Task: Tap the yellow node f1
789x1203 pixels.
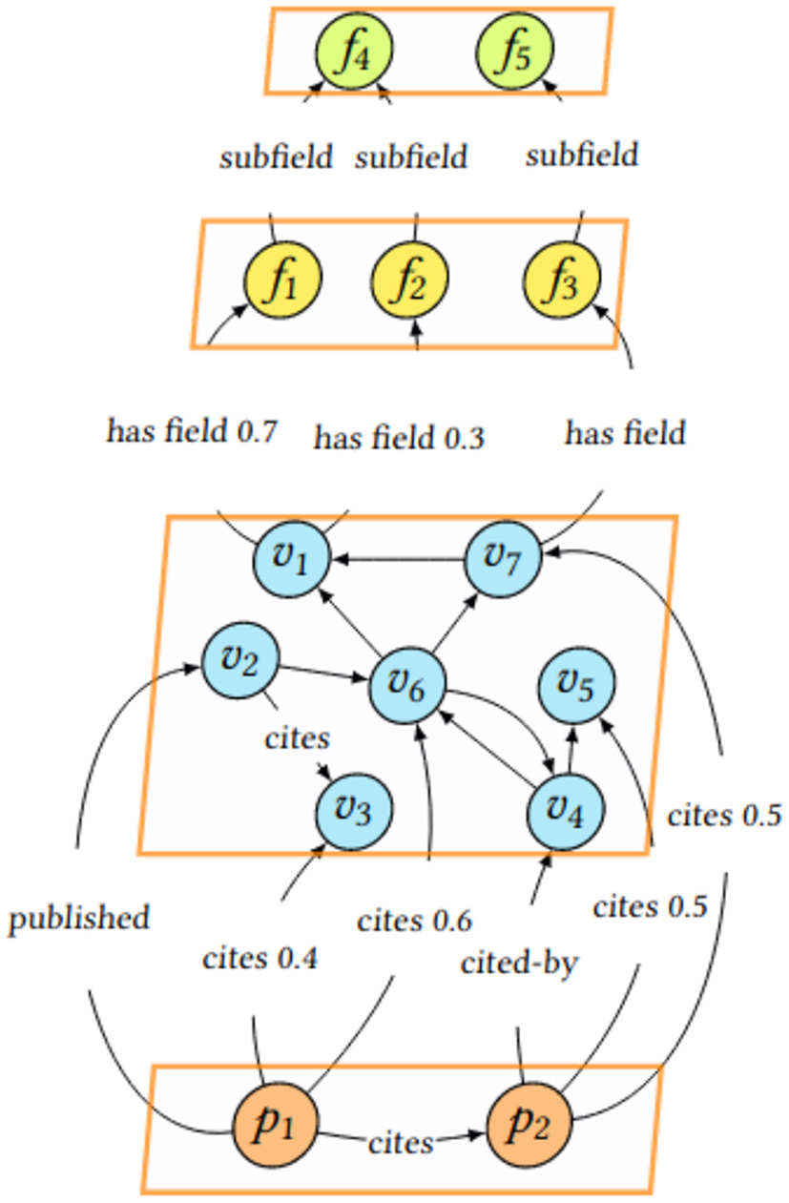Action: coord(282,280)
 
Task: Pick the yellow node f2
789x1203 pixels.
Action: coord(409,280)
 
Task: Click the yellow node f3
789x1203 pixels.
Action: coord(562,280)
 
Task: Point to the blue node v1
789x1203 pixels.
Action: coord(292,558)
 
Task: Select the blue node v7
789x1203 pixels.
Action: coord(503,558)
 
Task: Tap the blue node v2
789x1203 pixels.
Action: coord(240,659)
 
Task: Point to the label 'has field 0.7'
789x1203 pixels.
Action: coord(191,431)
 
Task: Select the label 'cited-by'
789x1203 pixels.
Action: coord(519,963)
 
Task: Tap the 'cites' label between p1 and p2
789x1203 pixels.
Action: coord(401,1142)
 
